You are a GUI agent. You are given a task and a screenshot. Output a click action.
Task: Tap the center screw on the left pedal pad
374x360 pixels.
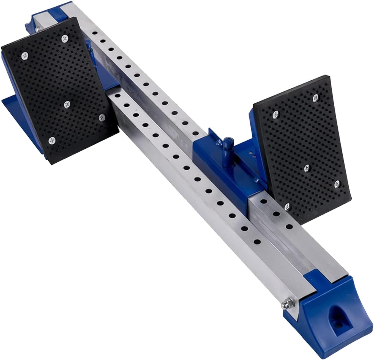(x=67, y=104)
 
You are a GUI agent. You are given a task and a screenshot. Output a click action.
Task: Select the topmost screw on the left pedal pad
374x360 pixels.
(x=65, y=39)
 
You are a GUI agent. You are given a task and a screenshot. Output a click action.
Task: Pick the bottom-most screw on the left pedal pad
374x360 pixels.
(x=51, y=141)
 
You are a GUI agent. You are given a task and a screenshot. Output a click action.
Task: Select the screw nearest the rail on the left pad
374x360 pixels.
(x=102, y=118)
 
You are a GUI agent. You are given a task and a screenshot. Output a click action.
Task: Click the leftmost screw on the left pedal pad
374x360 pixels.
(x=25, y=56)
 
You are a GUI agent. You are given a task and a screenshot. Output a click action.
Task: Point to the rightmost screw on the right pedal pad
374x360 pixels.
(x=337, y=184)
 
